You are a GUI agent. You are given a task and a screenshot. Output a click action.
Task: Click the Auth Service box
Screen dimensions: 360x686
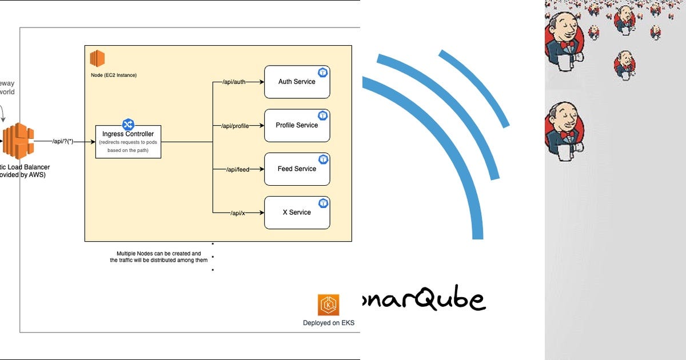297,82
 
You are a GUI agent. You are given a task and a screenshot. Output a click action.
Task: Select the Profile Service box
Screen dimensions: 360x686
297,125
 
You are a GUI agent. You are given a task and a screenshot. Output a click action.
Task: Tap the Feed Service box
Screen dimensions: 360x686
297,169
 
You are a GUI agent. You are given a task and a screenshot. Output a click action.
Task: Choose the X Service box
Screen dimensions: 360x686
297,212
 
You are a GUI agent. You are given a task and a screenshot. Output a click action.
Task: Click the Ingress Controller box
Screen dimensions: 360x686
128,141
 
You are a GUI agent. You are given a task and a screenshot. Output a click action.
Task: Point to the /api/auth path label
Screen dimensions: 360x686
233,82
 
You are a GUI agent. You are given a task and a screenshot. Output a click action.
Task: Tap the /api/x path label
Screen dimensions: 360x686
238,213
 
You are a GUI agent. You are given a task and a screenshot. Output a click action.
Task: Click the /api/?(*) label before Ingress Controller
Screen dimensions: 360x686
63,141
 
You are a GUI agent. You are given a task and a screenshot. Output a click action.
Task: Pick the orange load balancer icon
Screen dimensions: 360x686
17,141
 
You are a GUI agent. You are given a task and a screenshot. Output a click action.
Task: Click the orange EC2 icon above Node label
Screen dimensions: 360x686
97,58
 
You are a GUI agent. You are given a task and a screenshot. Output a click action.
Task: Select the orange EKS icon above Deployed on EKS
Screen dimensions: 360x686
329,305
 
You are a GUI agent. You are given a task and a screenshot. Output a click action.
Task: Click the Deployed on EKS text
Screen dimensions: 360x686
329,323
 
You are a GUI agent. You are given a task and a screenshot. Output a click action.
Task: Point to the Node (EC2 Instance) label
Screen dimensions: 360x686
114,75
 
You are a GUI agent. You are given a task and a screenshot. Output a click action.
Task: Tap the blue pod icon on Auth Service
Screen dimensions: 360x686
323,72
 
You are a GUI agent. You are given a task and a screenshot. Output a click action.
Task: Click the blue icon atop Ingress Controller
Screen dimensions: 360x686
128,124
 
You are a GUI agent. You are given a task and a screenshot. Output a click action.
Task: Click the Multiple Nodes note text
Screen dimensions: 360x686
159,257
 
